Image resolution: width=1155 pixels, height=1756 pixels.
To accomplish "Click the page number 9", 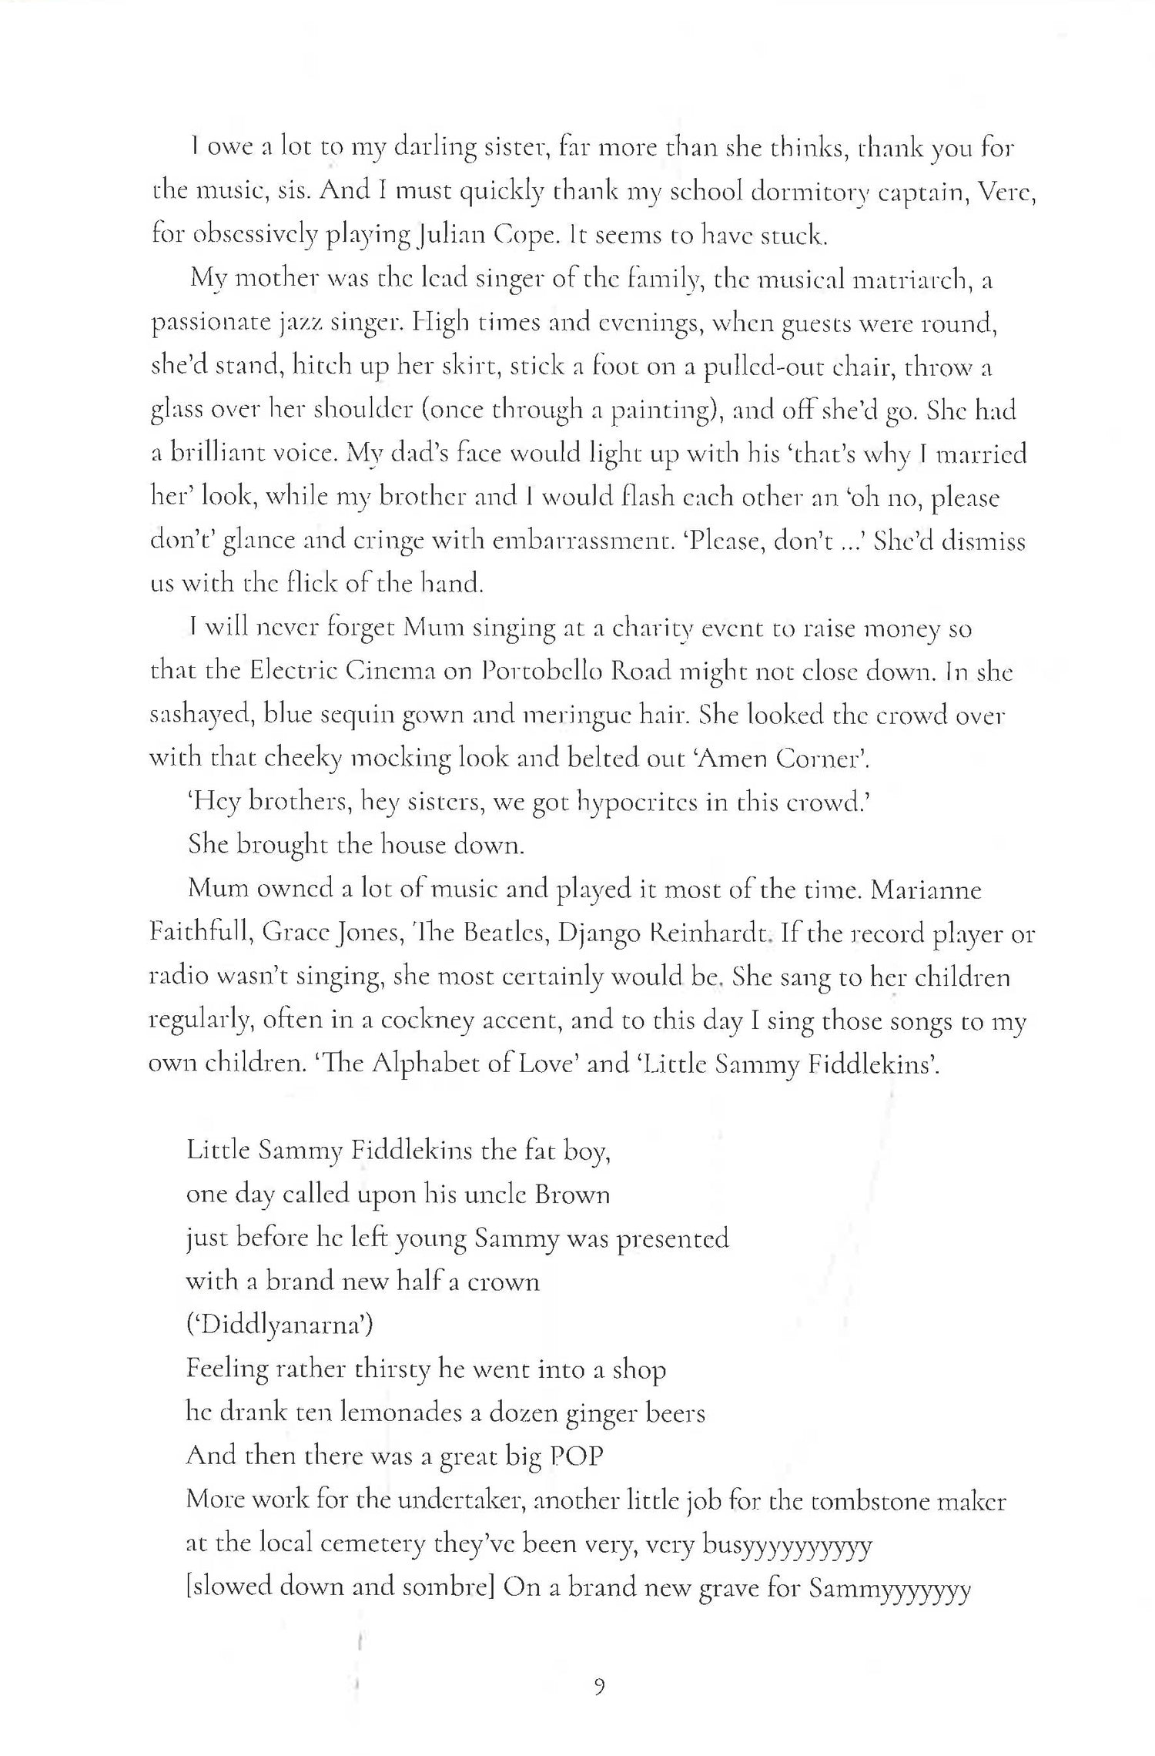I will pyautogui.click(x=600, y=1687).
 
